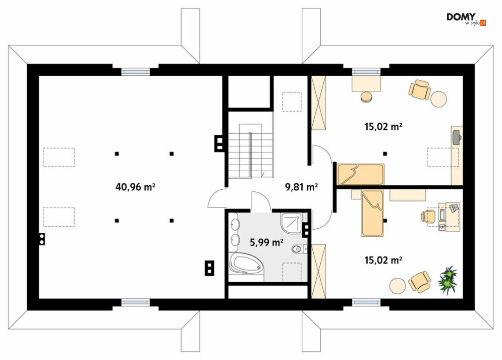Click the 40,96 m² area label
(135, 187)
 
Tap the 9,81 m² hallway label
(302, 187)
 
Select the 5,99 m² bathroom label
(266, 242)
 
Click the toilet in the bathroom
(299, 248)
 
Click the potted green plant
(448, 280)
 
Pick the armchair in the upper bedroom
(419, 89)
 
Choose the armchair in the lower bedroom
(420, 282)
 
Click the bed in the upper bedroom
(361, 175)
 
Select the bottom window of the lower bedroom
(367, 302)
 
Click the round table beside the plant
(398, 286)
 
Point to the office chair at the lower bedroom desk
(428, 216)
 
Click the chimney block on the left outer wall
(41, 239)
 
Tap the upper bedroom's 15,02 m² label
(383, 127)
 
